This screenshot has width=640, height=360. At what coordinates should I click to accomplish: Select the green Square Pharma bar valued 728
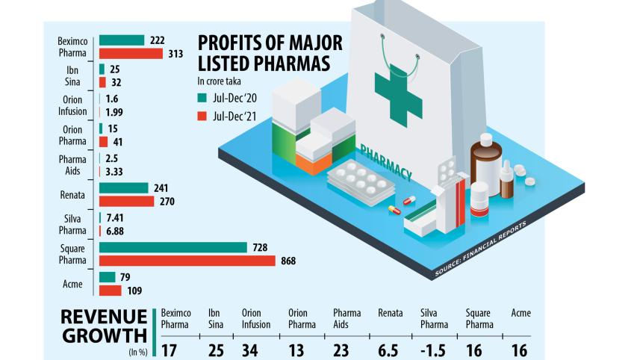[x=173, y=247]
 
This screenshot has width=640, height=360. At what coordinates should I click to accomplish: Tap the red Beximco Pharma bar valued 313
[x=131, y=54]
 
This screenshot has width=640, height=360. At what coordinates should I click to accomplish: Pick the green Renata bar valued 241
[x=124, y=188]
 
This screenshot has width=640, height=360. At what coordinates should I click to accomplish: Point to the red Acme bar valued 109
[x=111, y=291]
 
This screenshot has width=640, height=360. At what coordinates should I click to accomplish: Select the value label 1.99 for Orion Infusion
[x=116, y=113]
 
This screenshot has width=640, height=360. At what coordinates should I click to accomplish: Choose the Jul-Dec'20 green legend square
[x=201, y=97]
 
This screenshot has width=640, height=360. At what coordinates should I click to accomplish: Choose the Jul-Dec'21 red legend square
[x=201, y=116]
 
